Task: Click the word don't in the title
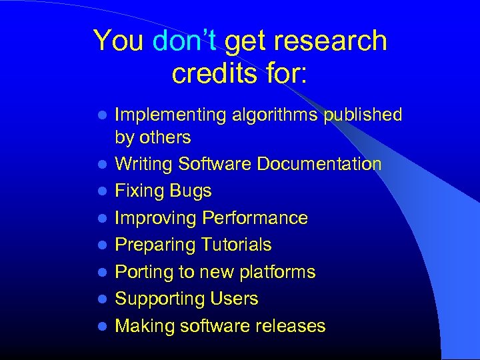[184, 41]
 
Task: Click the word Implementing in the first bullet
[171, 115]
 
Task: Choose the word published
[363, 115]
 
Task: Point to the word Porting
[139, 272]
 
